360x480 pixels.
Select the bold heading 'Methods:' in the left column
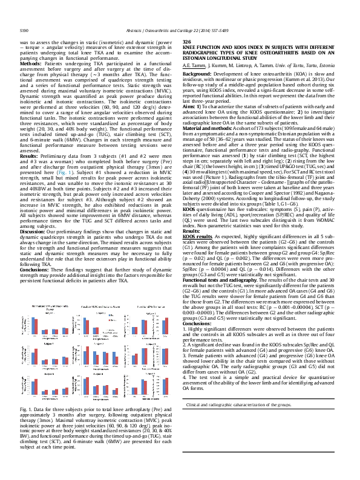click(31, 63)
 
